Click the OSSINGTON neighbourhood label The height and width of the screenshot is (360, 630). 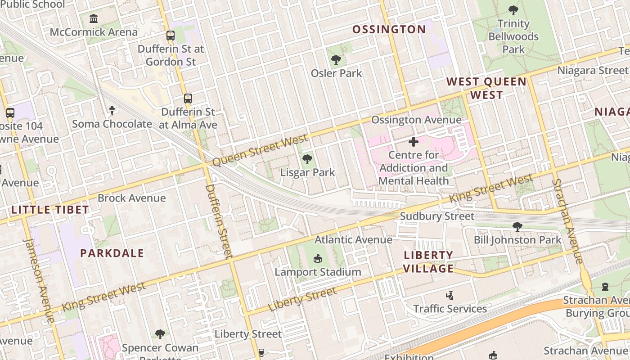tap(389, 30)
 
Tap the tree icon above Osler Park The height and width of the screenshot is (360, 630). tap(336, 59)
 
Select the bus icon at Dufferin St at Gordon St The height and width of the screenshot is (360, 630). tap(171, 35)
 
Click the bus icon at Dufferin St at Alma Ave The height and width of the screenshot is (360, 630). tap(188, 98)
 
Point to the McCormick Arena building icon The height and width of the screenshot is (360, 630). tap(94, 19)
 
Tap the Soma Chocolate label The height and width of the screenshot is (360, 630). tap(112, 124)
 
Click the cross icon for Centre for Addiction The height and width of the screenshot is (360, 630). tap(413, 142)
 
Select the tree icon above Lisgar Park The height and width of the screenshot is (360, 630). tap(307, 158)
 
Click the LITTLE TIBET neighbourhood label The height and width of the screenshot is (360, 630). tap(50, 210)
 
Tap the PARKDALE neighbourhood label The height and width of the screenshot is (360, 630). tap(112, 253)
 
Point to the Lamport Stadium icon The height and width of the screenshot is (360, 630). tap(318, 258)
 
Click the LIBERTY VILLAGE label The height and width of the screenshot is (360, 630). tap(428, 262)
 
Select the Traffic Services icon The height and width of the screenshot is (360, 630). tap(449, 296)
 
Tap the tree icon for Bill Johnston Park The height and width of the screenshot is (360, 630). tap(517, 226)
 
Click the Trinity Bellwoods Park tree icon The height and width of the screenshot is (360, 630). tap(513, 10)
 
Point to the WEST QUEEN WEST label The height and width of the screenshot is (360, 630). tap(486, 88)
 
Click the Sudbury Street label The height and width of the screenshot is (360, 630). tap(437, 216)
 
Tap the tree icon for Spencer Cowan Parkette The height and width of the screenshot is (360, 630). tap(160, 334)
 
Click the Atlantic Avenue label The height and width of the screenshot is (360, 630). tap(353, 239)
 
